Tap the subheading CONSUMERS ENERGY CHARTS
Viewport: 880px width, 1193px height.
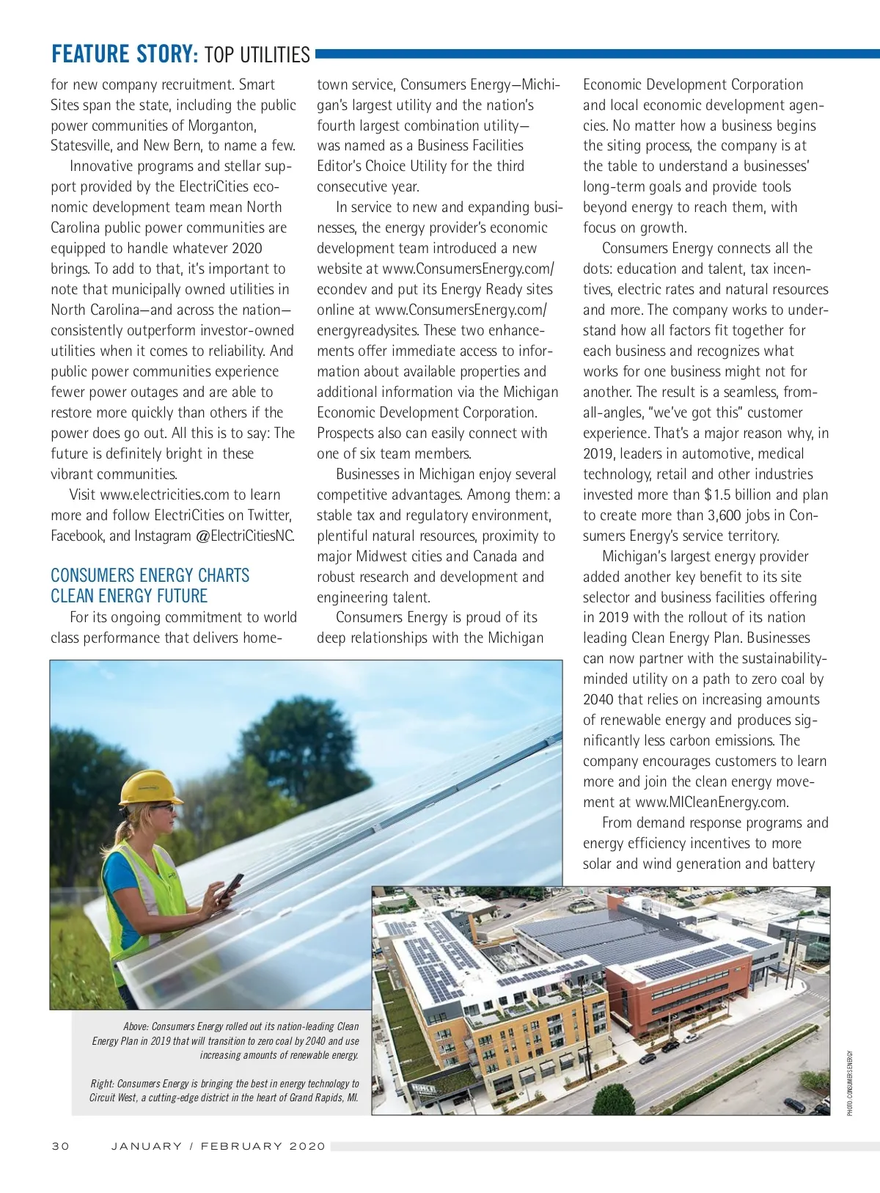tap(150, 575)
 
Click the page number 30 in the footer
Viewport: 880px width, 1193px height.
tap(60, 1146)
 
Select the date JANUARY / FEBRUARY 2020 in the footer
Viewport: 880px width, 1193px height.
tap(219, 1146)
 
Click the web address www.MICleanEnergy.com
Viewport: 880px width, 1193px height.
tap(712, 802)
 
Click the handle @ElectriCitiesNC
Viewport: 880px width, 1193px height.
tap(246, 536)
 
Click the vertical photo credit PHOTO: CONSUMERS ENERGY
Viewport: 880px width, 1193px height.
tap(850, 1083)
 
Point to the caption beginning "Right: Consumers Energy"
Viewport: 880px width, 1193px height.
tap(224, 1090)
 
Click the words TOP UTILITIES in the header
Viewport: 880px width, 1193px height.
tap(257, 54)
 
